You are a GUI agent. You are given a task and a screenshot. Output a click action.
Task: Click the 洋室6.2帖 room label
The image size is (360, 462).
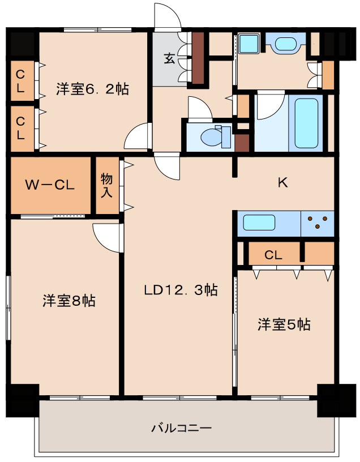click(92, 89)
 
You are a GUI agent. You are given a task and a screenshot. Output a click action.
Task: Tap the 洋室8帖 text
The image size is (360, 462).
click(68, 301)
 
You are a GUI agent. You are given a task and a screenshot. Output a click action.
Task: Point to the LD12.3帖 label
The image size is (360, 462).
click(181, 290)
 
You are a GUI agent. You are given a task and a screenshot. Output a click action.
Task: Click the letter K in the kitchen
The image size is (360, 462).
click(283, 182)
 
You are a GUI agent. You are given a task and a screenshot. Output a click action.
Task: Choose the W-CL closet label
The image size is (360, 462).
click(50, 186)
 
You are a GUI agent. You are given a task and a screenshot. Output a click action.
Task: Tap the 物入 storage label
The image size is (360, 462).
click(107, 185)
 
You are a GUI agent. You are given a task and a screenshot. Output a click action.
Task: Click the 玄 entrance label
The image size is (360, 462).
click(169, 58)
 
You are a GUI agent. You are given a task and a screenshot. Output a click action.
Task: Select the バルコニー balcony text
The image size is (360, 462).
click(181, 427)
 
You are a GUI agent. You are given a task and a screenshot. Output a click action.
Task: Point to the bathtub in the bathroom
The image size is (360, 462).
click(306, 123)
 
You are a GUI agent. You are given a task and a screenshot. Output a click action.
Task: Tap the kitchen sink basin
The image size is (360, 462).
click(259, 223)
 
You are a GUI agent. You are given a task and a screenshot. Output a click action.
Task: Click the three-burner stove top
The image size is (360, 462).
click(318, 222)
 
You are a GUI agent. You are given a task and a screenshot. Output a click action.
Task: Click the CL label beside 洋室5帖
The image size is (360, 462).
click(273, 255)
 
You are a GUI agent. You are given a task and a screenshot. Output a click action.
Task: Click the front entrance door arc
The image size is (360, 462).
click(168, 15)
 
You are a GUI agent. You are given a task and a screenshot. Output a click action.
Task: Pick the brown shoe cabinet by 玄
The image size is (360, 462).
click(198, 58)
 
